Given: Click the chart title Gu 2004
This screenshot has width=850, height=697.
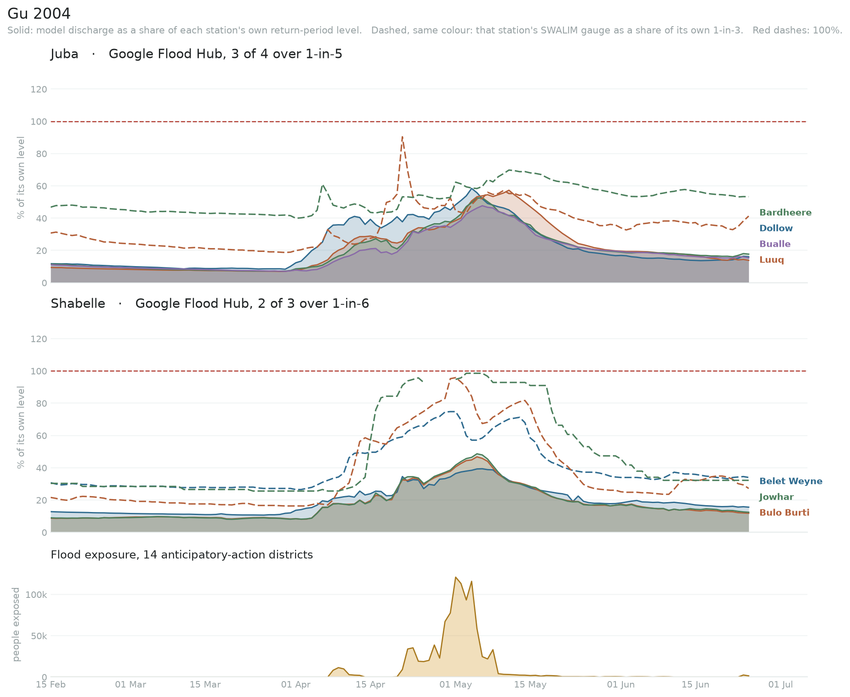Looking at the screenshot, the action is pyautogui.click(x=39, y=14).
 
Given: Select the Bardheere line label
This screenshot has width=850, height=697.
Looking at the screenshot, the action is pyautogui.click(x=785, y=212).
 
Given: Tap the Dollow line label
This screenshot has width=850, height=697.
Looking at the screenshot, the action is pyautogui.click(x=776, y=228).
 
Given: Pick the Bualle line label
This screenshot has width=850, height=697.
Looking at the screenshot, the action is pyautogui.click(x=775, y=244).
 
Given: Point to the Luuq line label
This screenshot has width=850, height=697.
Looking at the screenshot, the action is pyautogui.click(x=771, y=260).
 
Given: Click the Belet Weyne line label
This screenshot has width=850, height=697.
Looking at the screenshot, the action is pyautogui.click(x=791, y=481).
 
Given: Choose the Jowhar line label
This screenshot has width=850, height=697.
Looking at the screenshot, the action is pyautogui.click(x=777, y=497).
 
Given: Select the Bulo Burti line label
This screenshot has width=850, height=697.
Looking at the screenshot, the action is pyautogui.click(x=784, y=512).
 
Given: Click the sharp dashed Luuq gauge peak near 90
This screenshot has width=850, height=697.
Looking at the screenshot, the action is pyautogui.click(x=402, y=137).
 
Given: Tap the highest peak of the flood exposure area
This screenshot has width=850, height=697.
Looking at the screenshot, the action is pyautogui.click(x=455, y=577).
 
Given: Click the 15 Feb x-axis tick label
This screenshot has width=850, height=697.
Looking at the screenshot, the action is pyautogui.click(x=51, y=685).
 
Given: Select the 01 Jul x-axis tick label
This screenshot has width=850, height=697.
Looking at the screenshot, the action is pyautogui.click(x=780, y=685).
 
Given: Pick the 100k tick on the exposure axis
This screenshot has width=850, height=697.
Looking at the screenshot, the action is pyautogui.click(x=37, y=595).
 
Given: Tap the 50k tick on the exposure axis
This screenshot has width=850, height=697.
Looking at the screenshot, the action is pyautogui.click(x=39, y=636).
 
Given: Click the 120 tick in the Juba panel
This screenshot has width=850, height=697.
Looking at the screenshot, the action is pyautogui.click(x=39, y=89).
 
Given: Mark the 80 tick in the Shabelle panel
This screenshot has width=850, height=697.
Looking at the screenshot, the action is pyautogui.click(x=41, y=403).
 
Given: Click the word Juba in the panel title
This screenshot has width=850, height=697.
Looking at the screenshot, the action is pyautogui.click(x=64, y=54).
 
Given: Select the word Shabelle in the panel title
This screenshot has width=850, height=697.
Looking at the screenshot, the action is pyautogui.click(x=78, y=304).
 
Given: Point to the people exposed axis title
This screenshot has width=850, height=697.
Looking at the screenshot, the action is pyautogui.click(x=16, y=624).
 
